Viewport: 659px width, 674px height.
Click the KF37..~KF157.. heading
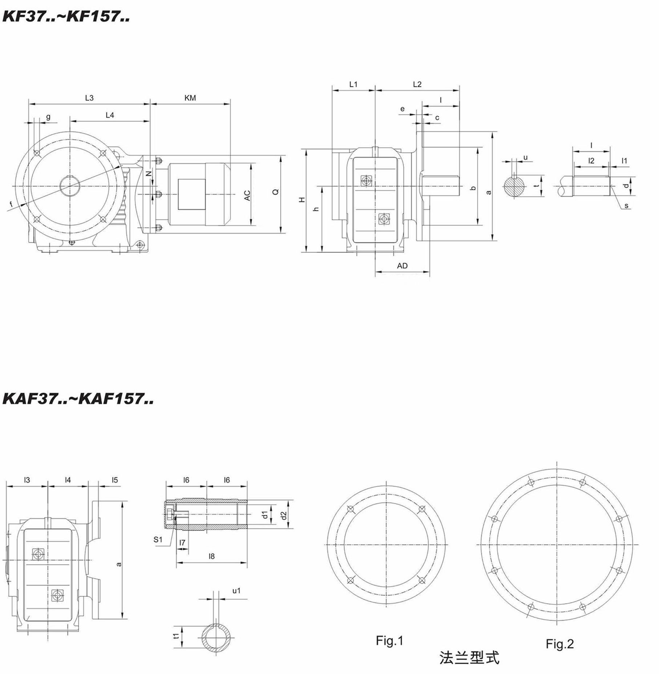66,16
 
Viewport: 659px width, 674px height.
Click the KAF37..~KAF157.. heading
78,399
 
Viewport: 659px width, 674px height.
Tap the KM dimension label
190,98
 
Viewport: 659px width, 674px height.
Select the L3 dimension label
89,98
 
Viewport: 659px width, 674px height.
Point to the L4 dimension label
110,115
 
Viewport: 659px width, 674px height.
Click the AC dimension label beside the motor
247,195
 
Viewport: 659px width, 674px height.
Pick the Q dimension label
276,191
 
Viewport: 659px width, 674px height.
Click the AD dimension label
402,266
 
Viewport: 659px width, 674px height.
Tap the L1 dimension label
353,84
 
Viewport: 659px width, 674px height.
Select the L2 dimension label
417,84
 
